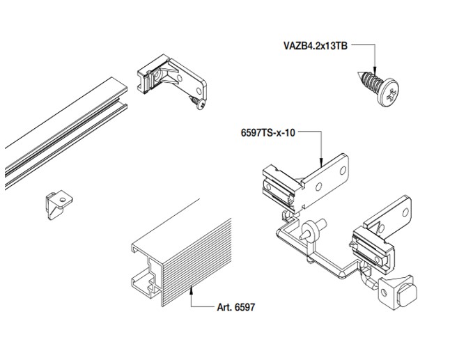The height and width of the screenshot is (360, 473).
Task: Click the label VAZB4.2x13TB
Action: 313,47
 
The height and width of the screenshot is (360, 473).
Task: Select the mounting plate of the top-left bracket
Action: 193,80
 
